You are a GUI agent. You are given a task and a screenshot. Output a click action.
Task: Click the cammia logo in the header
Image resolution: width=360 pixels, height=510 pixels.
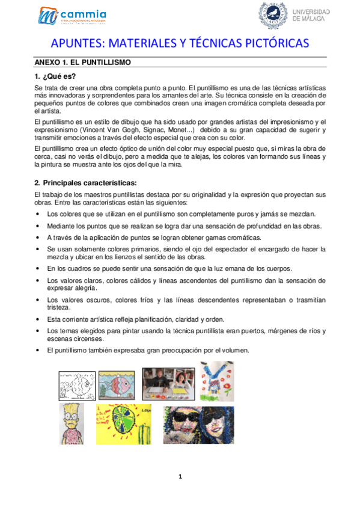[73, 16]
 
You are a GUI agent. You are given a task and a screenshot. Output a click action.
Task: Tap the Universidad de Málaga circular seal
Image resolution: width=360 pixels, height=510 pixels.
[272, 14]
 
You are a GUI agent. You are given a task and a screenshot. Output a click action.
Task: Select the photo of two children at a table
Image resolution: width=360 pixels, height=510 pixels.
[168, 384]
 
